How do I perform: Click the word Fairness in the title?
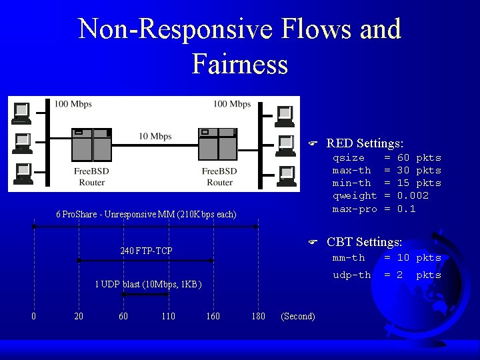[240, 64]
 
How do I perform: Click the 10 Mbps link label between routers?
[155, 137]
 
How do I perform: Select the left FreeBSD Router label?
[91, 177]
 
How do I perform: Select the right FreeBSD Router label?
[219, 177]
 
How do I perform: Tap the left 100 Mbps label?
[73, 104]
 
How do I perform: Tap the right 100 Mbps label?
[232, 104]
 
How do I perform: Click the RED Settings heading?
[365, 143]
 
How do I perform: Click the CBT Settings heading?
[364, 242]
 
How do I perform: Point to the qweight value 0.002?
[413, 196]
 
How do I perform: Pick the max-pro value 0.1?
[406, 209]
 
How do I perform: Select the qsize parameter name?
[349, 158]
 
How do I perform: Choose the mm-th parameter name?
[349, 257]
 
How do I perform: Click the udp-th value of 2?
[400, 275]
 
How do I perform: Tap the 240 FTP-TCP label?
[146, 251]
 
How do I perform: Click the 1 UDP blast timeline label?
[147, 285]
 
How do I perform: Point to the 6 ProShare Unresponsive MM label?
[146, 215]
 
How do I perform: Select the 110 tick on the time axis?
[168, 316]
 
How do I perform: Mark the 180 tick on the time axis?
[258, 316]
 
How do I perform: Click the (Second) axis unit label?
[298, 316]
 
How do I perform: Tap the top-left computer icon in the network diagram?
[22, 112]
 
